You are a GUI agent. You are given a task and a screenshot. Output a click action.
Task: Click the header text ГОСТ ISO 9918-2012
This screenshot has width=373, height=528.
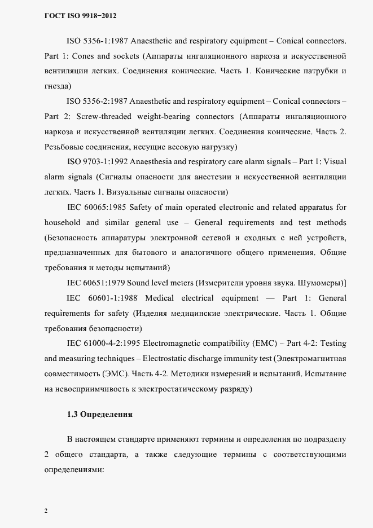[x=80, y=15]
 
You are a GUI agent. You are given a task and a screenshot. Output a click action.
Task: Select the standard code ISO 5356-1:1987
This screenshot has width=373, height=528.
[x=96, y=42]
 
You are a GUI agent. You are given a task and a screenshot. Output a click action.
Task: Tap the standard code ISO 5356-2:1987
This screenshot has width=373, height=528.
[x=96, y=102]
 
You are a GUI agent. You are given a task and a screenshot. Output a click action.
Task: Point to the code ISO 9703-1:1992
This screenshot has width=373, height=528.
[x=96, y=161]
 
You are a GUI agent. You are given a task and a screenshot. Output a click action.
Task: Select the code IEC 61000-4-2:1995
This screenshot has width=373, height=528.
[x=103, y=343]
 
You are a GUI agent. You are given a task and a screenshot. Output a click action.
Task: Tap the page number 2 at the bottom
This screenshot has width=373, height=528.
[x=46, y=511]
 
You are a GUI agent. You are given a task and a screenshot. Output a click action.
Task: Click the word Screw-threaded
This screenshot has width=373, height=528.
[x=100, y=117]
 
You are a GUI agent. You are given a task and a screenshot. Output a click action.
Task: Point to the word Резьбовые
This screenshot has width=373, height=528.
[x=64, y=147]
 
